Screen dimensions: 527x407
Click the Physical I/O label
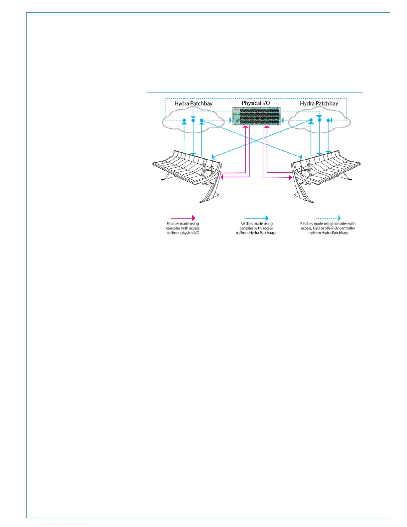pos(256,103)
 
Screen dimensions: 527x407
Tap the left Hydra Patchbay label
pos(193,103)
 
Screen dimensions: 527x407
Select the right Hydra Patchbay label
pos(319,103)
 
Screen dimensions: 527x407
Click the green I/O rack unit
pos(256,116)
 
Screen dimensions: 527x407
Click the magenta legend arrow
pos(183,218)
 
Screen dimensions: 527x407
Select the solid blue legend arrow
pos(256,218)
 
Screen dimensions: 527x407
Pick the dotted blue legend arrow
pos(328,218)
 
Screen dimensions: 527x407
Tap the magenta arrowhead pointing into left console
pos(223,177)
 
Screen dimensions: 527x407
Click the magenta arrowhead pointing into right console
pos(290,178)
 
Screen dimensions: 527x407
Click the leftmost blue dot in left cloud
pos(184,120)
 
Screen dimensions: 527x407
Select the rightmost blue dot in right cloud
pos(328,120)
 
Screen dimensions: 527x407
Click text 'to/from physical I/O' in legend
pos(183,233)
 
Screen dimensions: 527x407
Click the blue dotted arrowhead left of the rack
pos(230,120)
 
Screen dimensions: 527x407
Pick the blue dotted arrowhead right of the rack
pos(282,120)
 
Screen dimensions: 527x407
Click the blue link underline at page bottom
pos(66,524)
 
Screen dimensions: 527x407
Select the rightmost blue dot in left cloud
pos(202,120)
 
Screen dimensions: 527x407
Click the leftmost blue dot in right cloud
pos(311,120)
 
